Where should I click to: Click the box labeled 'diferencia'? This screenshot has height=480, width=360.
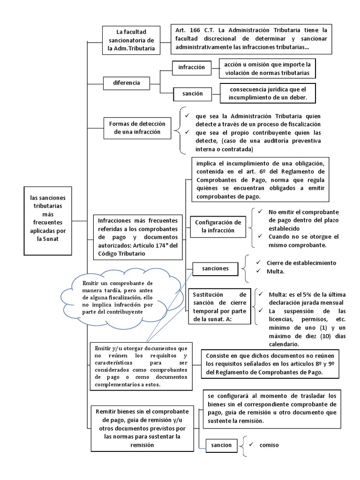pyautogui.click(x=127, y=83)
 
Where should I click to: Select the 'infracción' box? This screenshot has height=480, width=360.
pyautogui.click(x=192, y=67)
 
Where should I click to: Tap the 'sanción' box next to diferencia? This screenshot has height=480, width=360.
pyautogui.click(x=193, y=94)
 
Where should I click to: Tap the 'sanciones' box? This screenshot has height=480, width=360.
pyautogui.click(x=215, y=269)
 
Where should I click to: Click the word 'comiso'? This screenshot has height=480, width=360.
pyautogui.click(x=269, y=445)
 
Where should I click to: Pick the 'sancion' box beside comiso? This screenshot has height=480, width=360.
pyautogui.click(x=222, y=445)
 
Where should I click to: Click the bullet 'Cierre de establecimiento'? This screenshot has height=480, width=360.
pyautogui.click(x=301, y=262)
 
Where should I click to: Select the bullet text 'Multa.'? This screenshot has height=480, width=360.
pyautogui.click(x=276, y=271)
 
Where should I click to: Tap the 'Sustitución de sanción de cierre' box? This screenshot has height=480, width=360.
pyautogui.click(x=219, y=307)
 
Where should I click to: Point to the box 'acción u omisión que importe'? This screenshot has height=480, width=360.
pyautogui.click(x=268, y=68)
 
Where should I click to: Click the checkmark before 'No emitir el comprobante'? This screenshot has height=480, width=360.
pyautogui.click(x=261, y=212)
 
